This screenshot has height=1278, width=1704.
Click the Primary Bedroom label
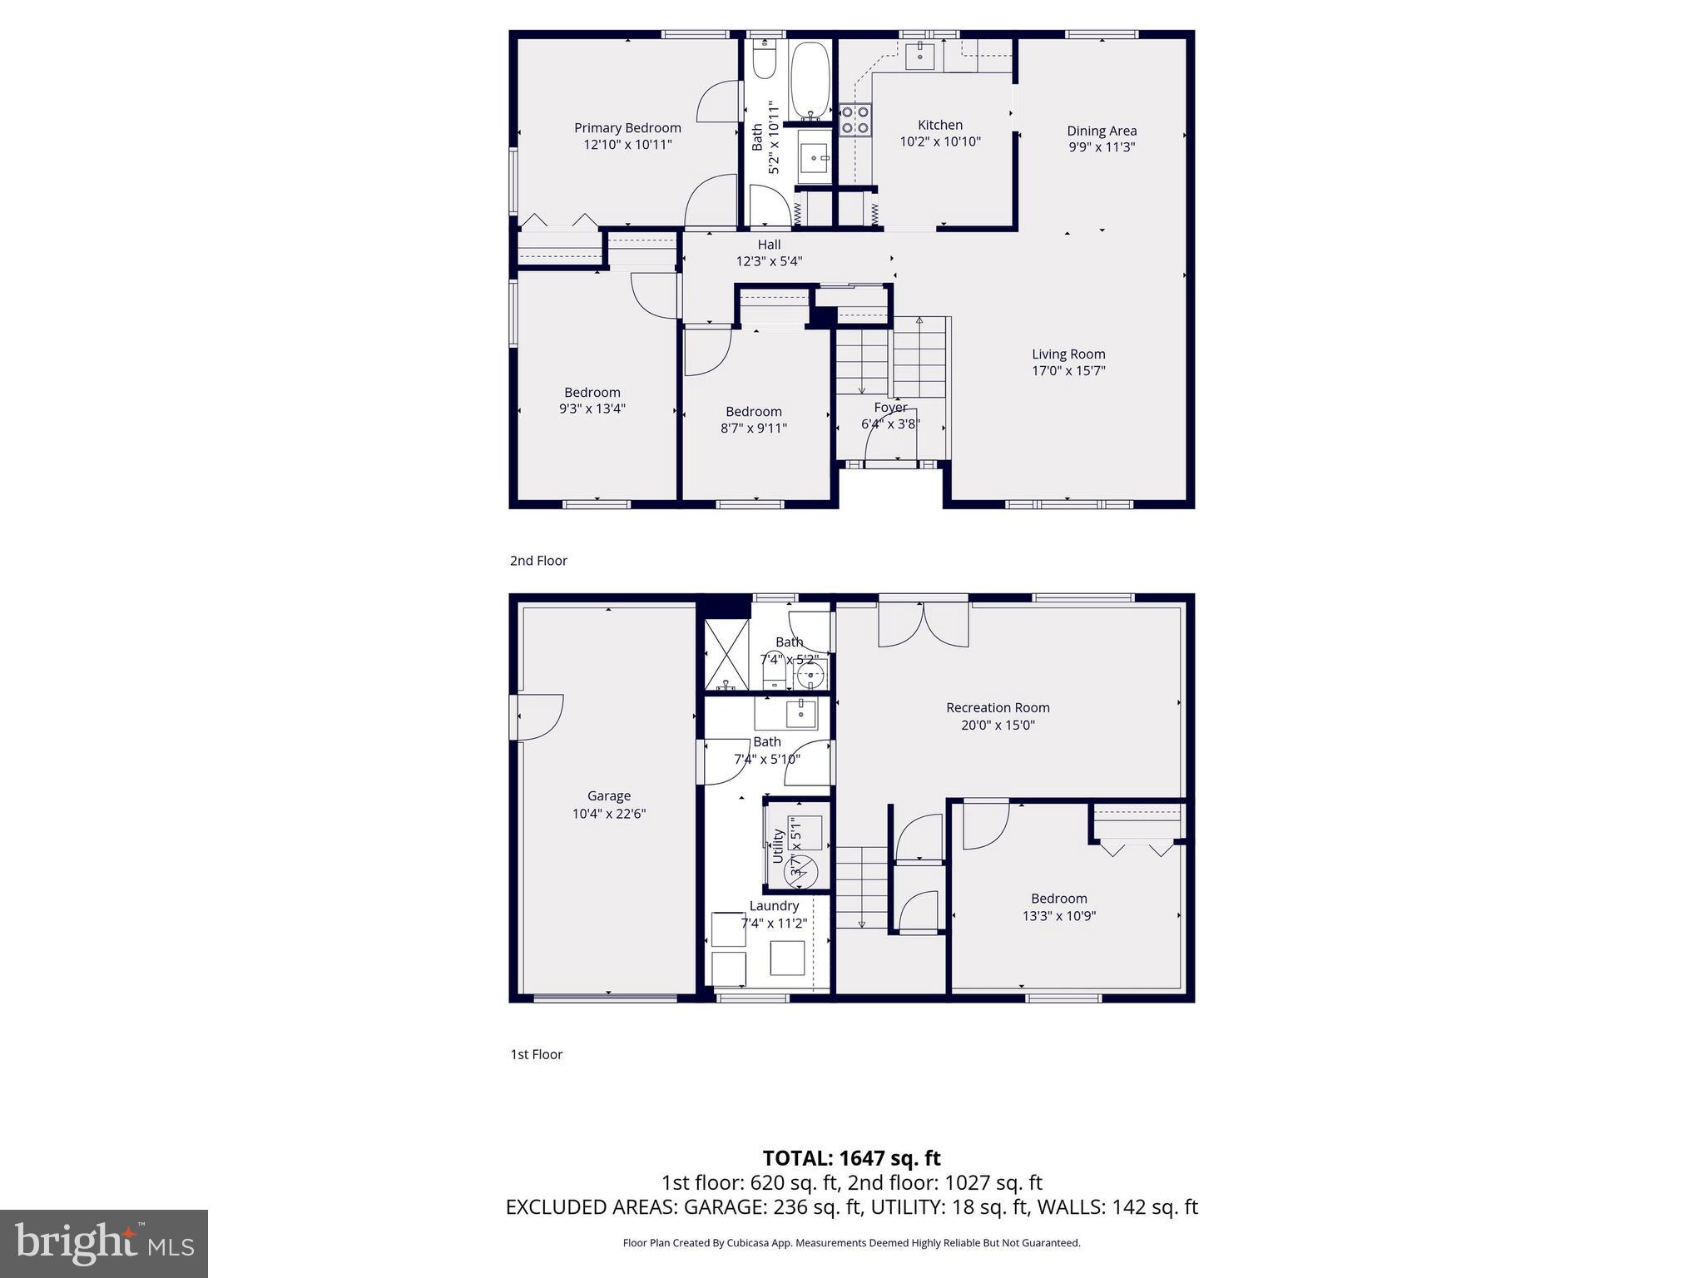(x=627, y=127)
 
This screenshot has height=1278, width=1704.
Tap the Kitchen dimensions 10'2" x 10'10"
(x=940, y=142)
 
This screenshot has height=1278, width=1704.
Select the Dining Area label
(x=1102, y=131)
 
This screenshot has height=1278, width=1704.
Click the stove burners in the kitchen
(x=854, y=119)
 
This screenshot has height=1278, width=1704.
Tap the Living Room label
(x=1068, y=354)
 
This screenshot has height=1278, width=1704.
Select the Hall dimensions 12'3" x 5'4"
(x=769, y=261)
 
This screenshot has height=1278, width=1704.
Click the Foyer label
(x=890, y=408)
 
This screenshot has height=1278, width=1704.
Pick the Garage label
(x=609, y=796)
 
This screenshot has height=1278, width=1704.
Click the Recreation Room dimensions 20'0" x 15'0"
(x=998, y=725)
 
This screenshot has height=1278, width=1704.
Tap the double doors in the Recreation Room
(x=924, y=625)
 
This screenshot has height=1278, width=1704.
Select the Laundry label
(x=774, y=906)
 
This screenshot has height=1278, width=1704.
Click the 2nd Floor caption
(x=538, y=561)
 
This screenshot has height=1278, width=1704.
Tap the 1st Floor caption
(x=536, y=1054)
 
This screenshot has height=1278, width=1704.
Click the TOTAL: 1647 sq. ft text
(x=851, y=1158)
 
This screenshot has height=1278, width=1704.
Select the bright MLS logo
(x=104, y=1244)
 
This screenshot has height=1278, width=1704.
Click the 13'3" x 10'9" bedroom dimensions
(x=1058, y=916)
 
